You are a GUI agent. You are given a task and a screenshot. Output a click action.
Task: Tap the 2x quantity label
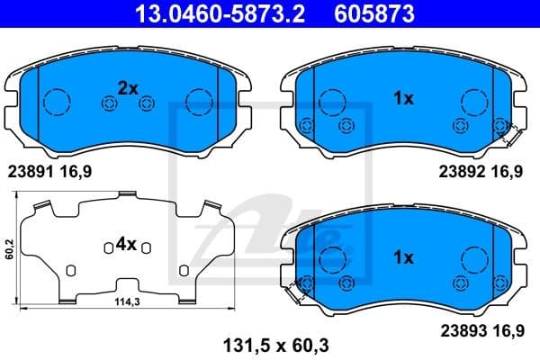[x=127, y=87]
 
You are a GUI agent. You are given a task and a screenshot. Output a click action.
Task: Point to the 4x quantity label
[x=125, y=243]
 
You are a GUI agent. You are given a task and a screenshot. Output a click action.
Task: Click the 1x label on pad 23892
[x=402, y=99]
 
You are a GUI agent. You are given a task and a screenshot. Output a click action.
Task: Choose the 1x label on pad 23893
[x=402, y=258]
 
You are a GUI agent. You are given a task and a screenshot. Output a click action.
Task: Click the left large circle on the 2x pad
[x=57, y=101]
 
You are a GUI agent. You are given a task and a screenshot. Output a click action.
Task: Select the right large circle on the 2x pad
[x=196, y=101]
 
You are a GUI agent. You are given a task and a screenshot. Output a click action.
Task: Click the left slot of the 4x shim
[x=71, y=269]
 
